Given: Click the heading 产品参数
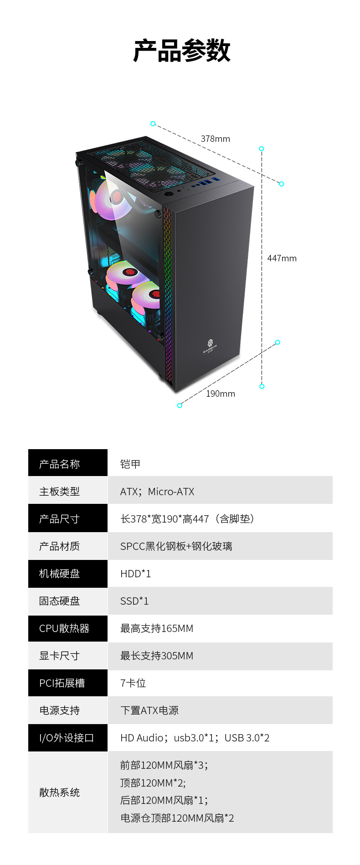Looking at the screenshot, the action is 181,51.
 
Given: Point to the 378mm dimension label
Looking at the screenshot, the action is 216,139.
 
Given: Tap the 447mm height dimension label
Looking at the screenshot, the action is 282,258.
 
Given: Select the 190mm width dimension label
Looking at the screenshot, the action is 221,394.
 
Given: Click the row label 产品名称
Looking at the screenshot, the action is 59,464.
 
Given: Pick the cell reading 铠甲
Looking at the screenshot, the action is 130,464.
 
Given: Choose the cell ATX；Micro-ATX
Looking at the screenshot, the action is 157,492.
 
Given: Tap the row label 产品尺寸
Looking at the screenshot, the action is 59,519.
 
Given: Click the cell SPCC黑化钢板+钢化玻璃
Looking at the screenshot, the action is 176,546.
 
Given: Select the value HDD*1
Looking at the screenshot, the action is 135,574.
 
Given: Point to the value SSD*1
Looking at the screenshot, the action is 134,601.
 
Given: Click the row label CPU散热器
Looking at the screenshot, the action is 64,628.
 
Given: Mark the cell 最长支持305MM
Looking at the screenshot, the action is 157,656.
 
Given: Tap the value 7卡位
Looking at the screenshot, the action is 133,683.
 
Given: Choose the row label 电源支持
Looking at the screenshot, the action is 59,710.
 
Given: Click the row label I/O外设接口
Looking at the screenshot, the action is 67,738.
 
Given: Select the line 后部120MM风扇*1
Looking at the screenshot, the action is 164,800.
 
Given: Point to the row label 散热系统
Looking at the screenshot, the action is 59,792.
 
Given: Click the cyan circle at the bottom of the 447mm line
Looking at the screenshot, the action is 262,386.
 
